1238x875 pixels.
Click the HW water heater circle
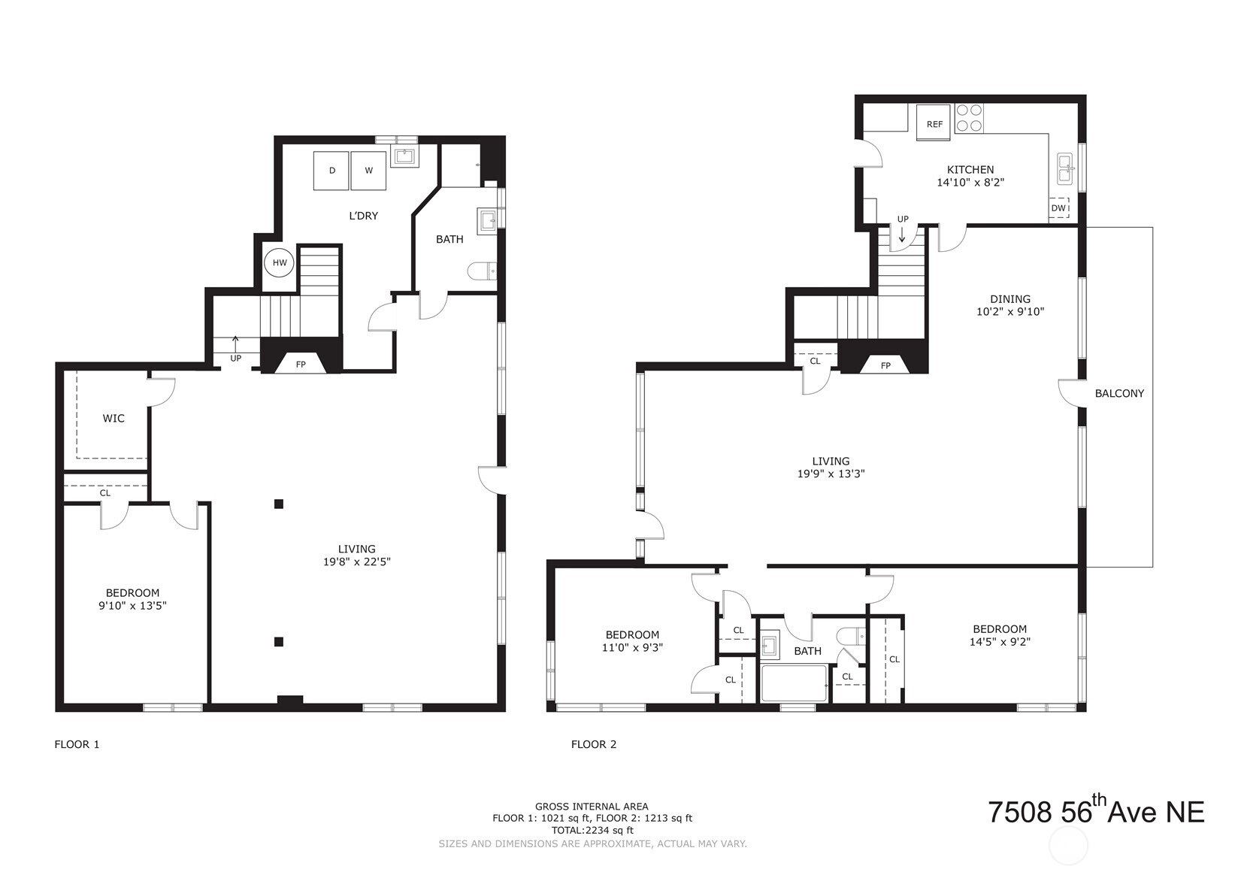pos(279,263)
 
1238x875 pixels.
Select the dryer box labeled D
pos(331,171)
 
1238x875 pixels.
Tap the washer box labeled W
pos(368,171)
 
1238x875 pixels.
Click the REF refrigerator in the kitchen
pos(934,123)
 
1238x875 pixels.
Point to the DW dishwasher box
pos(1058,208)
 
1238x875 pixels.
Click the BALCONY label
pos(1118,393)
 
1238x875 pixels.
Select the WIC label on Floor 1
pos(114,418)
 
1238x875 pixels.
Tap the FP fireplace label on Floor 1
pos(301,365)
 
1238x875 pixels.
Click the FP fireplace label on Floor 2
pos(885,365)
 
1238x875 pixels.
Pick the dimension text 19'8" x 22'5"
pos(356,562)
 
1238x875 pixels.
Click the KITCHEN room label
pos(970,170)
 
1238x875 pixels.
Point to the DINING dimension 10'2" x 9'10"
pos(1009,311)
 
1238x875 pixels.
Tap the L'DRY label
pos(363,216)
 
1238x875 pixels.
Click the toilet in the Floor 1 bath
pos(481,271)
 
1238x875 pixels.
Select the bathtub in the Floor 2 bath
pos(794,683)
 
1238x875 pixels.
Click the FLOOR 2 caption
pos(593,744)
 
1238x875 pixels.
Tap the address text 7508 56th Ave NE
pos(1095,812)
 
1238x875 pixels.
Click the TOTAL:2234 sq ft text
pos(592,830)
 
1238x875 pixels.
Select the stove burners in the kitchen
pos(968,118)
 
